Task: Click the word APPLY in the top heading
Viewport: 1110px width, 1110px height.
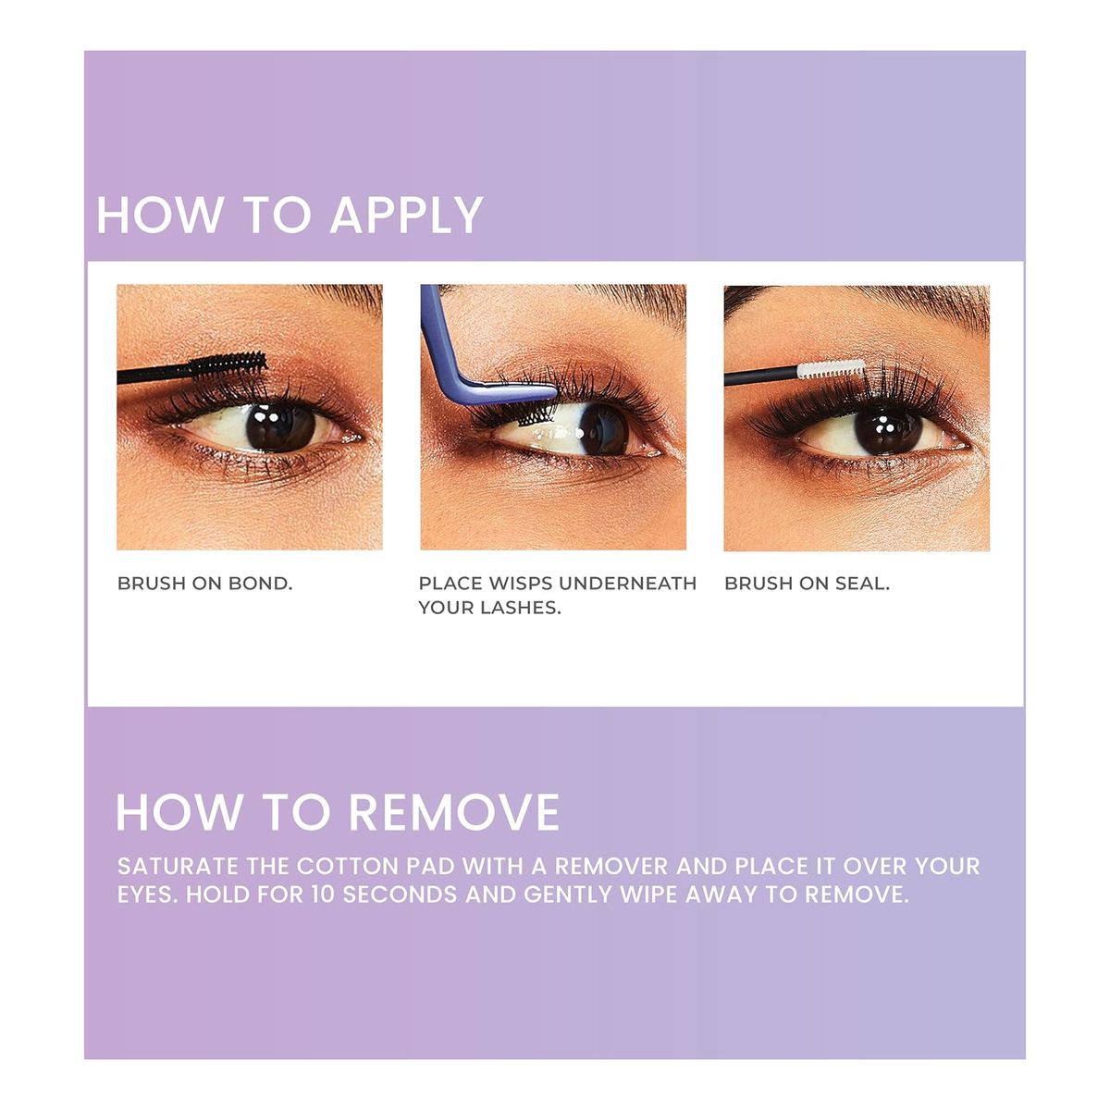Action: click(406, 215)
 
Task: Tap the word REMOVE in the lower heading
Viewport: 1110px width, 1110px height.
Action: click(453, 813)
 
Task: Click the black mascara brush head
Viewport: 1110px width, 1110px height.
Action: click(228, 365)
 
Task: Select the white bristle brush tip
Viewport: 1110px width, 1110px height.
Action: click(832, 369)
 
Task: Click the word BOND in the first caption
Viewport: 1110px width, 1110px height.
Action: click(260, 584)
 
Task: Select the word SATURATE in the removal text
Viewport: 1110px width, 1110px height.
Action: click(178, 867)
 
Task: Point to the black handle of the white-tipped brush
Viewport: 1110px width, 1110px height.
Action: click(761, 376)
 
